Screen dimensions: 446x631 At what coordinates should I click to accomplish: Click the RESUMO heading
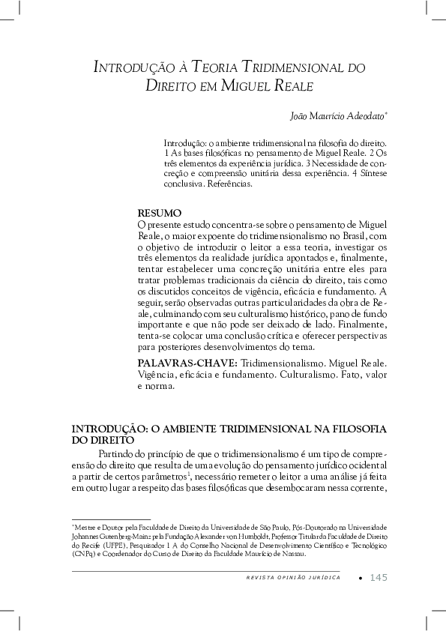pyautogui.click(x=160, y=213)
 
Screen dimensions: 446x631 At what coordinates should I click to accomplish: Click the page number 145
pyautogui.click(x=379, y=577)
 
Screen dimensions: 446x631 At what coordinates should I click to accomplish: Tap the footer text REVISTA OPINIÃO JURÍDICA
pyautogui.click(x=292, y=578)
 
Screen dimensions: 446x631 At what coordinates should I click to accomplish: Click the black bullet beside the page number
pyautogui.click(x=361, y=578)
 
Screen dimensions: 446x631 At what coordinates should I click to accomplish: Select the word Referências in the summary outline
pyautogui.click(x=231, y=182)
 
